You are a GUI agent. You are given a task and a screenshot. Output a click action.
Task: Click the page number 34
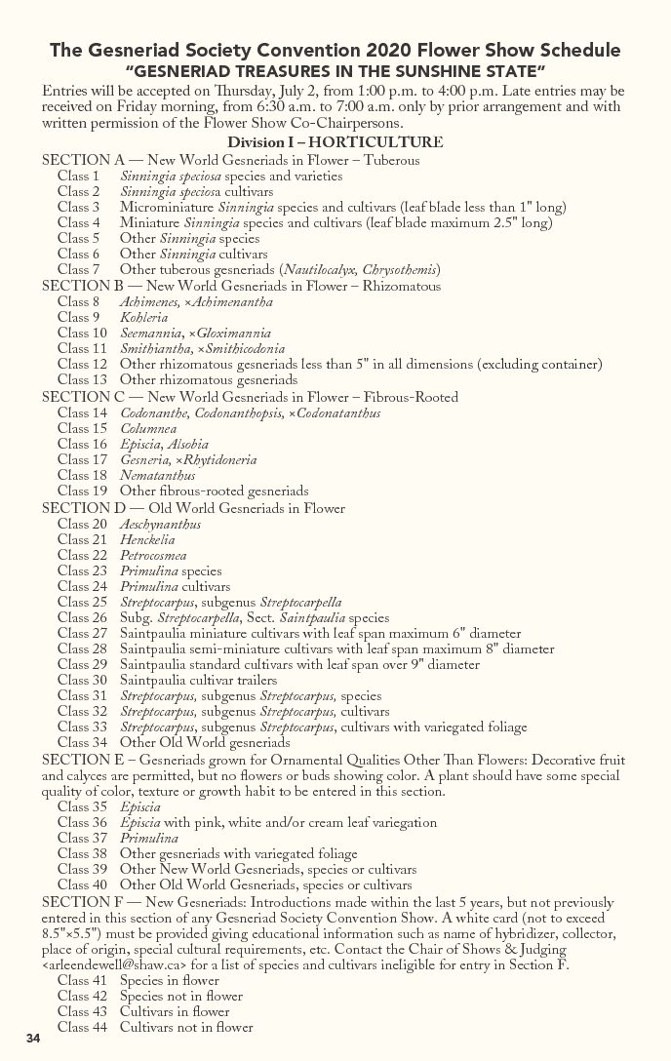[33, 1036]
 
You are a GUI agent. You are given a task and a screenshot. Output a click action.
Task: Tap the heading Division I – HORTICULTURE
[335, 143]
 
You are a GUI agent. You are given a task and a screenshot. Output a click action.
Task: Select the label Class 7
[78, 270]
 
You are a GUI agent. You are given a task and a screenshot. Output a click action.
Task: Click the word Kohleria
[143, 318]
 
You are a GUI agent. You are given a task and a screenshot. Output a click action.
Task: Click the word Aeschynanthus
[160, 525]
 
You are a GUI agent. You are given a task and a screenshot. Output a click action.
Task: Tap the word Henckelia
[147, 540]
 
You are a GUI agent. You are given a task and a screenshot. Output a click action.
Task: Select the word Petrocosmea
[153, 556]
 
